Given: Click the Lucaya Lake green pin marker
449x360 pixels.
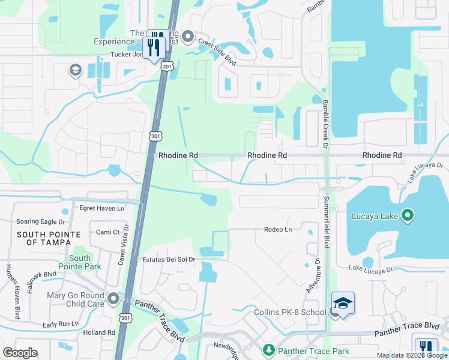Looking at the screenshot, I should tap(408, 214).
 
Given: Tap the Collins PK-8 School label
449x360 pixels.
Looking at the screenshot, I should tap(288, 313).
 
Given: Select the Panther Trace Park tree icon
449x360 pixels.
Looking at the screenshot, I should tap(268, 349).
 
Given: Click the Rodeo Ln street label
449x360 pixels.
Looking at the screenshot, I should tap(277, 229).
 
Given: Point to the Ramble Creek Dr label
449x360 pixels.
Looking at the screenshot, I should tap(325, 124).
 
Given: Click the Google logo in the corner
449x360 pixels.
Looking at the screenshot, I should tap(20, 353).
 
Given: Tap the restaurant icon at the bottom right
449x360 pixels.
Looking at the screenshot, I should tap(426, 347).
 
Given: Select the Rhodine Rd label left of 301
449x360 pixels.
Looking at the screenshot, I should tap(178, 155).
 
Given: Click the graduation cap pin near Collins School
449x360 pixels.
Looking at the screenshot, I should tap(343, 303).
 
